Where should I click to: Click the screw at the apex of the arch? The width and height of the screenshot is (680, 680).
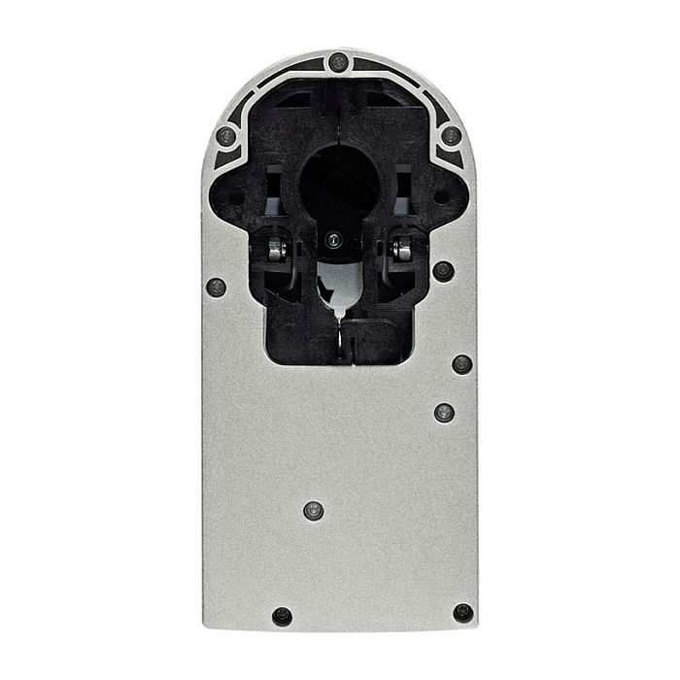tap(338, 62)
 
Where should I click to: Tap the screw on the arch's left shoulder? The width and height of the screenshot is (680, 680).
tap(225, 135)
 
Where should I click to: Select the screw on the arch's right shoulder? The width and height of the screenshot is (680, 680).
tap(452, 135)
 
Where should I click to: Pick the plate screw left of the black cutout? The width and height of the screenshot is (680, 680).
tap(217, 287)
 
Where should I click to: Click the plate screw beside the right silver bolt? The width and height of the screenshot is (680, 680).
tap(443, 271)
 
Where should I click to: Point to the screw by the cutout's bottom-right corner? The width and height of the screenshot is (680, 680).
tap(462, 364)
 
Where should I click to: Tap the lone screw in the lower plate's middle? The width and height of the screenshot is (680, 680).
tap(313, 510)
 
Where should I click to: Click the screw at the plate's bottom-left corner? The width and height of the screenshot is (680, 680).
tap(282, 616)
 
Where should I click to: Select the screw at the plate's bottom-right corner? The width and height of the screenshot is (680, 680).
tap(463, 613)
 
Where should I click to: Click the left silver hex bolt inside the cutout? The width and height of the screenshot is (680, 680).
tap(276, 250)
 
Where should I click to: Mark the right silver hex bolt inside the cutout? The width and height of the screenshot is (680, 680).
tap(402, 250)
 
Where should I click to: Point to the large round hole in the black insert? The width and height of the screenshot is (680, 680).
tap(339, 185)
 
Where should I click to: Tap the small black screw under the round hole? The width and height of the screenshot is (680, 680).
tap(333, 239)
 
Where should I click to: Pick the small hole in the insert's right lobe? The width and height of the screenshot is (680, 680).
tap(442, 197)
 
